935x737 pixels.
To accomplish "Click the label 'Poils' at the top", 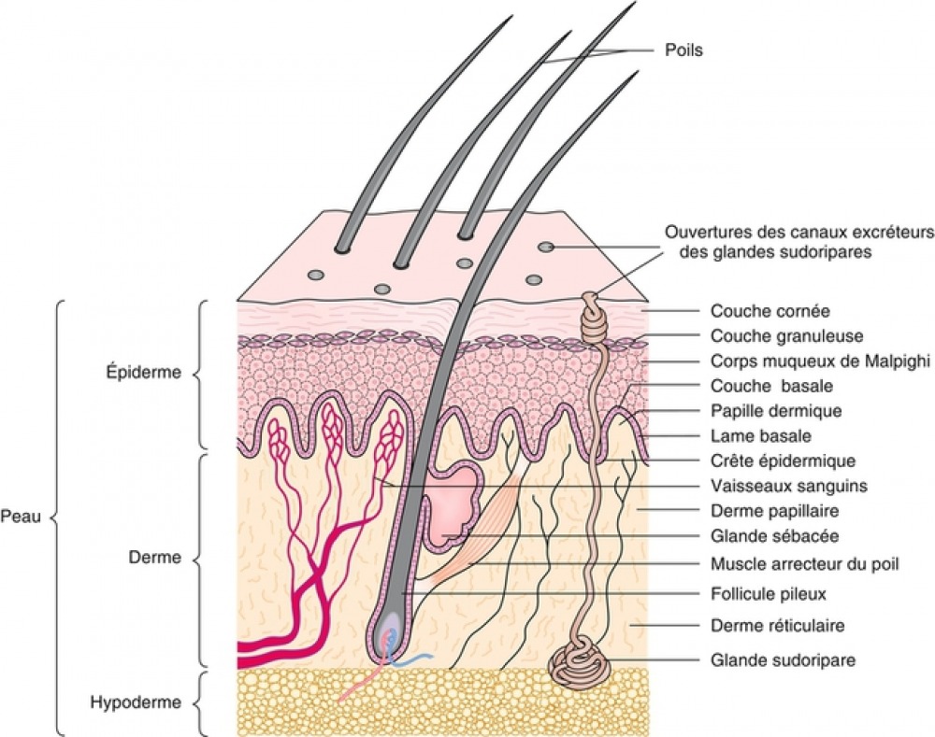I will coord(683,50).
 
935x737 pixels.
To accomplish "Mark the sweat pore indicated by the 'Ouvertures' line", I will coord(545,247).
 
